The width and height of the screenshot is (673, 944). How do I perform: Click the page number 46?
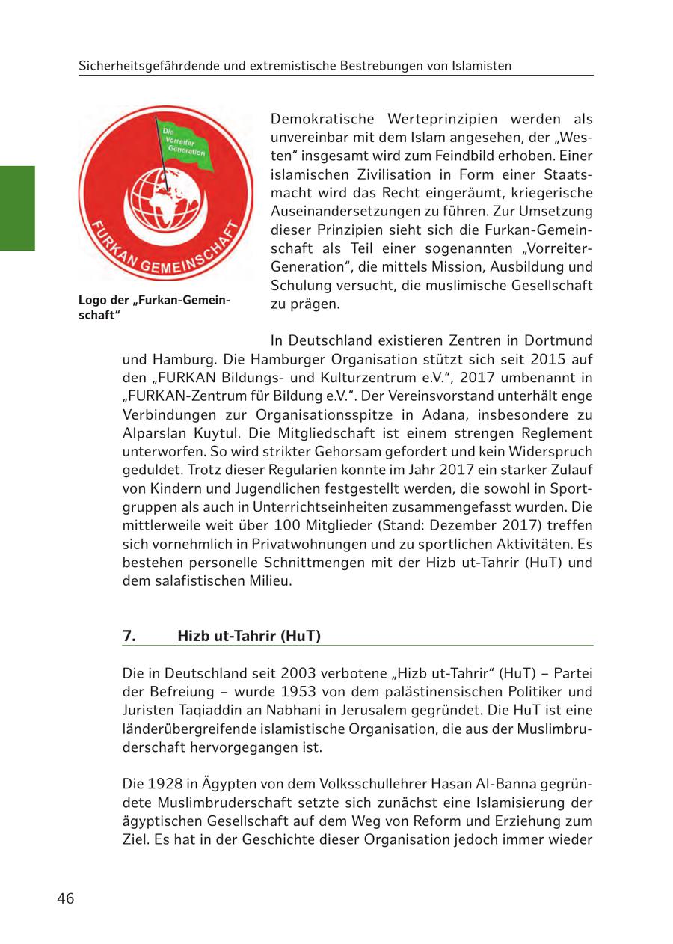66,898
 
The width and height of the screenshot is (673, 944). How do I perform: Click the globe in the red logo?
161,197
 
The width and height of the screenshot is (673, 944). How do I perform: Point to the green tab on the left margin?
16,208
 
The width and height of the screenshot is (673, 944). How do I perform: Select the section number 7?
129,637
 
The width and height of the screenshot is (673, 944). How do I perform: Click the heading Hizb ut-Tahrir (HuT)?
249,637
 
